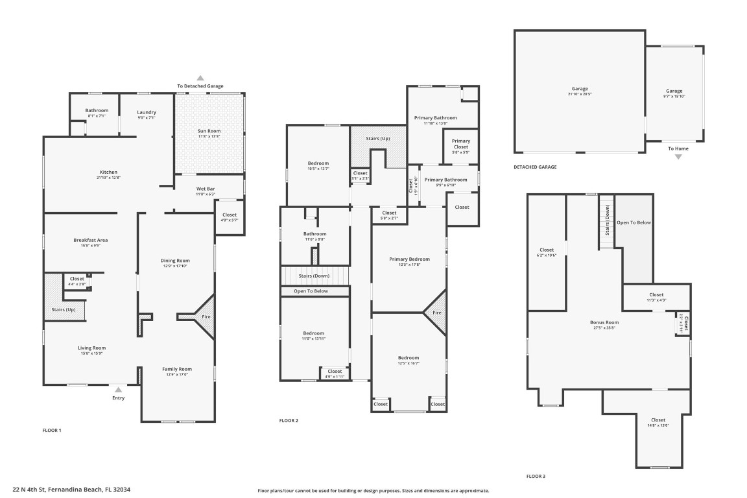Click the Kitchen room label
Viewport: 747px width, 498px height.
108,172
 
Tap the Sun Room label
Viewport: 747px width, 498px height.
209,131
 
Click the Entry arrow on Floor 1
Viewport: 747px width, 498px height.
118,390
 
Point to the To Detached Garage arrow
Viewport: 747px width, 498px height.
200,78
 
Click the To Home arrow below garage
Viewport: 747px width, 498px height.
678,156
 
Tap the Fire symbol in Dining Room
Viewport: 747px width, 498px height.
206,316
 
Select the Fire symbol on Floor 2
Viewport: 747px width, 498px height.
436,313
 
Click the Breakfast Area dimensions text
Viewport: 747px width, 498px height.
90,245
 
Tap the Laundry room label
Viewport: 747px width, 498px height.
147,112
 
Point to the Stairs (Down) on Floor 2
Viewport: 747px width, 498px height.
314,276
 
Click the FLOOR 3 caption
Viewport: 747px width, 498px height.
536,476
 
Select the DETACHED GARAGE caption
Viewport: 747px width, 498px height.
535,167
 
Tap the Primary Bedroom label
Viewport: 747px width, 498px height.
409,259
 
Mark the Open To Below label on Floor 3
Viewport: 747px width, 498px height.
634,222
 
